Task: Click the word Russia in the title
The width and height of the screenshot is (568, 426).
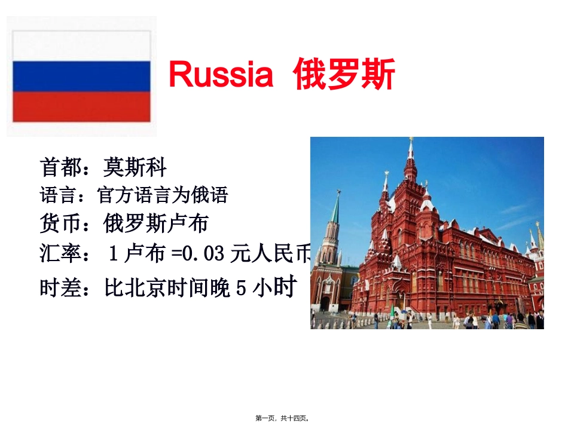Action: [x=221, y=75]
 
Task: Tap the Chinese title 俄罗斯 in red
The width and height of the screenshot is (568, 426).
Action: [x=344, y=75]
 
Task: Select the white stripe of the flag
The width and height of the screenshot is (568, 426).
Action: [x=81, y=47]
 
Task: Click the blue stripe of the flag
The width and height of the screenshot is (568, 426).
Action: [x=81, y=76]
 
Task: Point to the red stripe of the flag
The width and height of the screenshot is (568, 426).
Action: [x=81, y=106]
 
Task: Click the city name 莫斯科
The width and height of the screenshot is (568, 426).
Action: [x=135, y=167]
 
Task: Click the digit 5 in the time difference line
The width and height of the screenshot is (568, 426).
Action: [x=240, y=289]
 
